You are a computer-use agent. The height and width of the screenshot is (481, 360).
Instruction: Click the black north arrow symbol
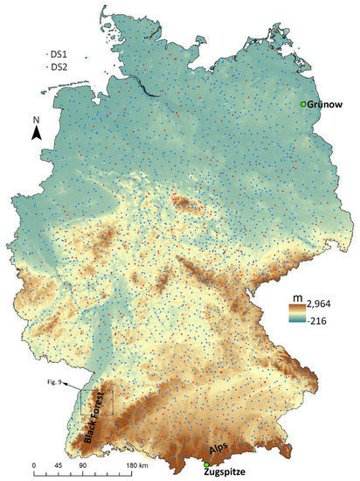(x=37, y=133)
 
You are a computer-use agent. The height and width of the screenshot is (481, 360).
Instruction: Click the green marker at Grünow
(x=303, y=105)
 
